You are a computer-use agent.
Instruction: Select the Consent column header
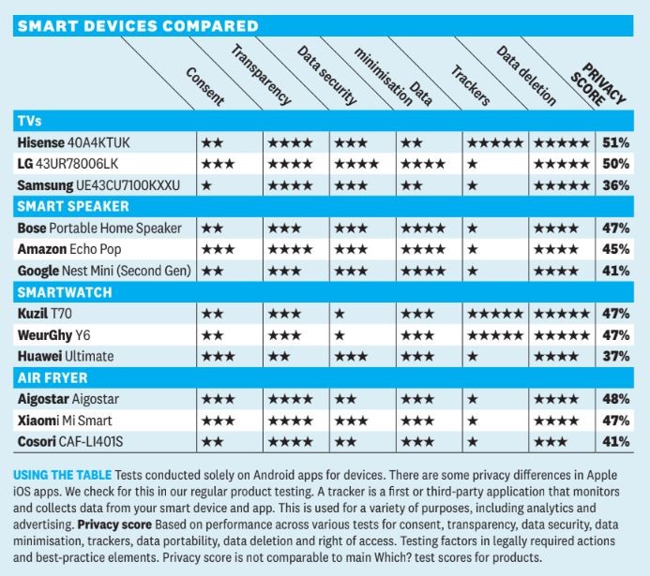click(x=204, y=87)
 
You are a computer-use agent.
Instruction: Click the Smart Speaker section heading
click(x=72, y=206)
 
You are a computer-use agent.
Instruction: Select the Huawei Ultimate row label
click(x=66, y=356)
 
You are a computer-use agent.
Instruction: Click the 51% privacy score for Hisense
click(x=615, y=143)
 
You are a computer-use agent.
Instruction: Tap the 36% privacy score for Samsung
click(x=615, y=185)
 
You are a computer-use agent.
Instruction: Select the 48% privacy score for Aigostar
click(x=615, y=398)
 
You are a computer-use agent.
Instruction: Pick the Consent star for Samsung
click(x=205, y=185)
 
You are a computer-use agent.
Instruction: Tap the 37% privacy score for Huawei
click(x=615, y=356)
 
